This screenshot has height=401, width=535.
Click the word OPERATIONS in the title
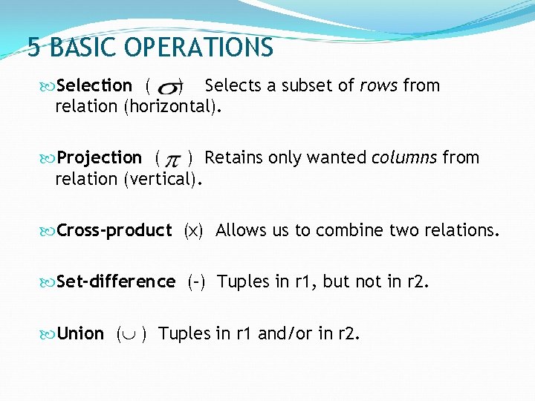[198, 48]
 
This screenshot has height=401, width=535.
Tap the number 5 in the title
[33, 48]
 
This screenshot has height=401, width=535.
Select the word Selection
[94, 86]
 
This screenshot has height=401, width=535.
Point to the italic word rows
[379, 86]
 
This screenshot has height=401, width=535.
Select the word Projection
[100, 158]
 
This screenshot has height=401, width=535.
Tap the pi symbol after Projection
[172, 160]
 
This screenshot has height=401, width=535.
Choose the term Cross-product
[114, 231]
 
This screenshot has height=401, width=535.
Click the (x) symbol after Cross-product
[193, 231]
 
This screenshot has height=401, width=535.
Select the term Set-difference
[116, 282]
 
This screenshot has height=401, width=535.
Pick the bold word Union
[80, 333]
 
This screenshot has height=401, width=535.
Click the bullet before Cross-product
[49, 231]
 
